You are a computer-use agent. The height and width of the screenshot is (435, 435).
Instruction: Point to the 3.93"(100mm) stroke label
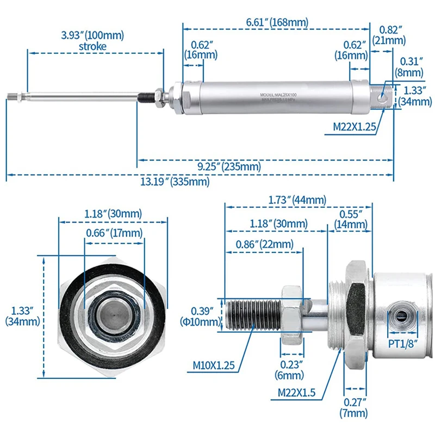92,41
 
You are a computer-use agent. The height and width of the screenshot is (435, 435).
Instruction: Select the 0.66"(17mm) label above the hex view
114,233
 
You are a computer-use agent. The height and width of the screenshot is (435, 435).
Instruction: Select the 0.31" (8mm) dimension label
411,67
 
